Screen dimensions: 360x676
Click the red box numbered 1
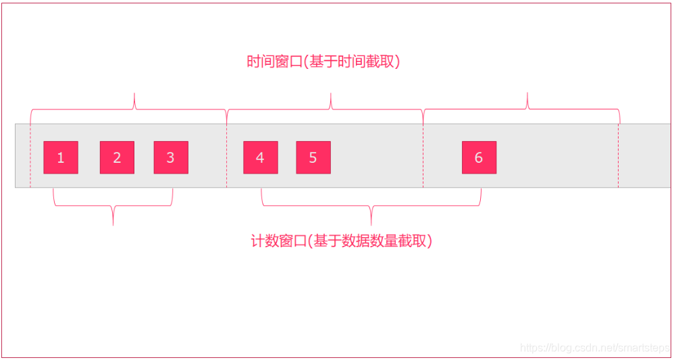[x=61, y=157]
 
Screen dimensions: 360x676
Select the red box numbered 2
[x=117, y=157]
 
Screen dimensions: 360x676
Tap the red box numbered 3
[x=170, y=157]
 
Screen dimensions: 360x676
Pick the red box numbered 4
[x=260, y=157]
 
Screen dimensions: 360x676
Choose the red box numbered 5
[x=313, y=157]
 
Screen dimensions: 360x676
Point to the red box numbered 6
[x=479, y=157]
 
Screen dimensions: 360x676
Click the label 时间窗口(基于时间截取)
[x=323, y=62]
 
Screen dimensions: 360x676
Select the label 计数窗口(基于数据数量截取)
[x=341, y=240]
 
